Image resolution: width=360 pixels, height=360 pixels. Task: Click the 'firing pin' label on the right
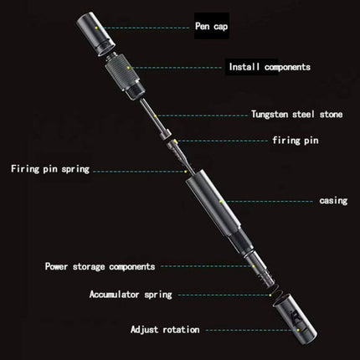[x=293, y=142]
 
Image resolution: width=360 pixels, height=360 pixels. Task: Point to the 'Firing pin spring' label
[x=50, y=169]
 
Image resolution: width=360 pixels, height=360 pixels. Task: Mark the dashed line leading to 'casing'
[x=268, y=201]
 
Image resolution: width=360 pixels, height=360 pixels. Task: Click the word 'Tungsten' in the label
[x=270, y=114]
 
